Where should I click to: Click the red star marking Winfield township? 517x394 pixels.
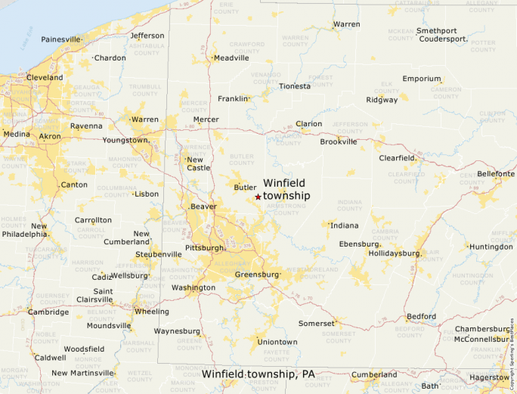(x=258, y=197)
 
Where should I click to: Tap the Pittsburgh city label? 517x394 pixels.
(x=204, y=247)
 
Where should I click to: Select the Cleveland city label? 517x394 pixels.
(x=45, y=77)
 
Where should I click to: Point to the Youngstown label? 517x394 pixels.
(x=125, y=140)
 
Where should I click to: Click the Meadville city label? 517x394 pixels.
(x=231, y=57)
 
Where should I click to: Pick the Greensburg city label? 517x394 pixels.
(x=257, y=275)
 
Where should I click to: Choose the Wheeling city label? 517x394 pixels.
(x=151, y=311)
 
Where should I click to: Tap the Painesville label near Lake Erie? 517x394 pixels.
(x=60, y=39)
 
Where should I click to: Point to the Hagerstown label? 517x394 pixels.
(x=489, y=377)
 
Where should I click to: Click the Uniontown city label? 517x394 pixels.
(x=277, y=342)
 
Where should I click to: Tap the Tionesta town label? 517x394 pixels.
(x=294, y=85)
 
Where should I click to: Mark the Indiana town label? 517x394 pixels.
(x=345, y=225)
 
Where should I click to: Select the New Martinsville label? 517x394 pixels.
(x=82, y=373)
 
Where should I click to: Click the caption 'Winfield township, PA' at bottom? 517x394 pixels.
(x=258, y=374)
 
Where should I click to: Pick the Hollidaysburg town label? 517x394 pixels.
(x=393, y=253)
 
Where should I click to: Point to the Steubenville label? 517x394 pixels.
(x=158, y=254)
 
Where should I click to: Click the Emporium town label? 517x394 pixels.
(x=422, y=79)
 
